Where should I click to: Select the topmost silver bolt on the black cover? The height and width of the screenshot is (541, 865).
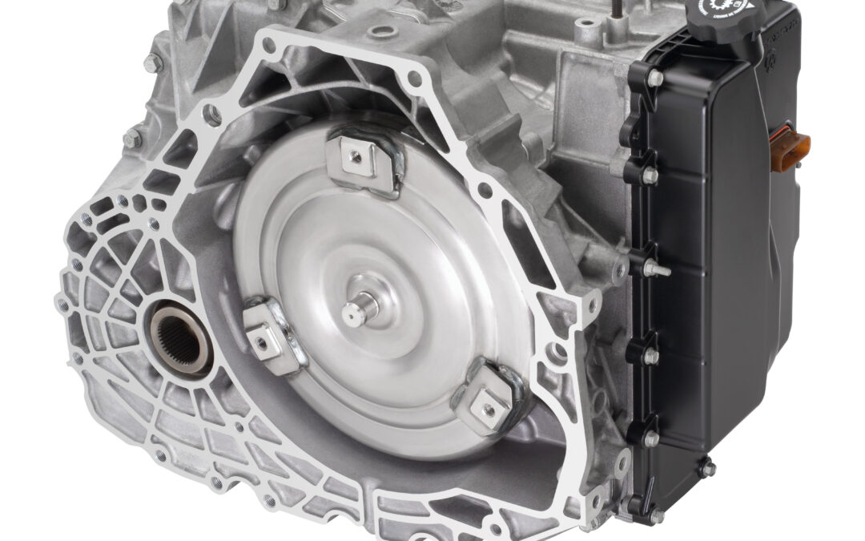(654, 79)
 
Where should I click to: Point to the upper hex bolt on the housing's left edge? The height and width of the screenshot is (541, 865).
(151, 60)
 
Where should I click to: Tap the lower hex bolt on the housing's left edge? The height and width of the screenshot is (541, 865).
(131, 138)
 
